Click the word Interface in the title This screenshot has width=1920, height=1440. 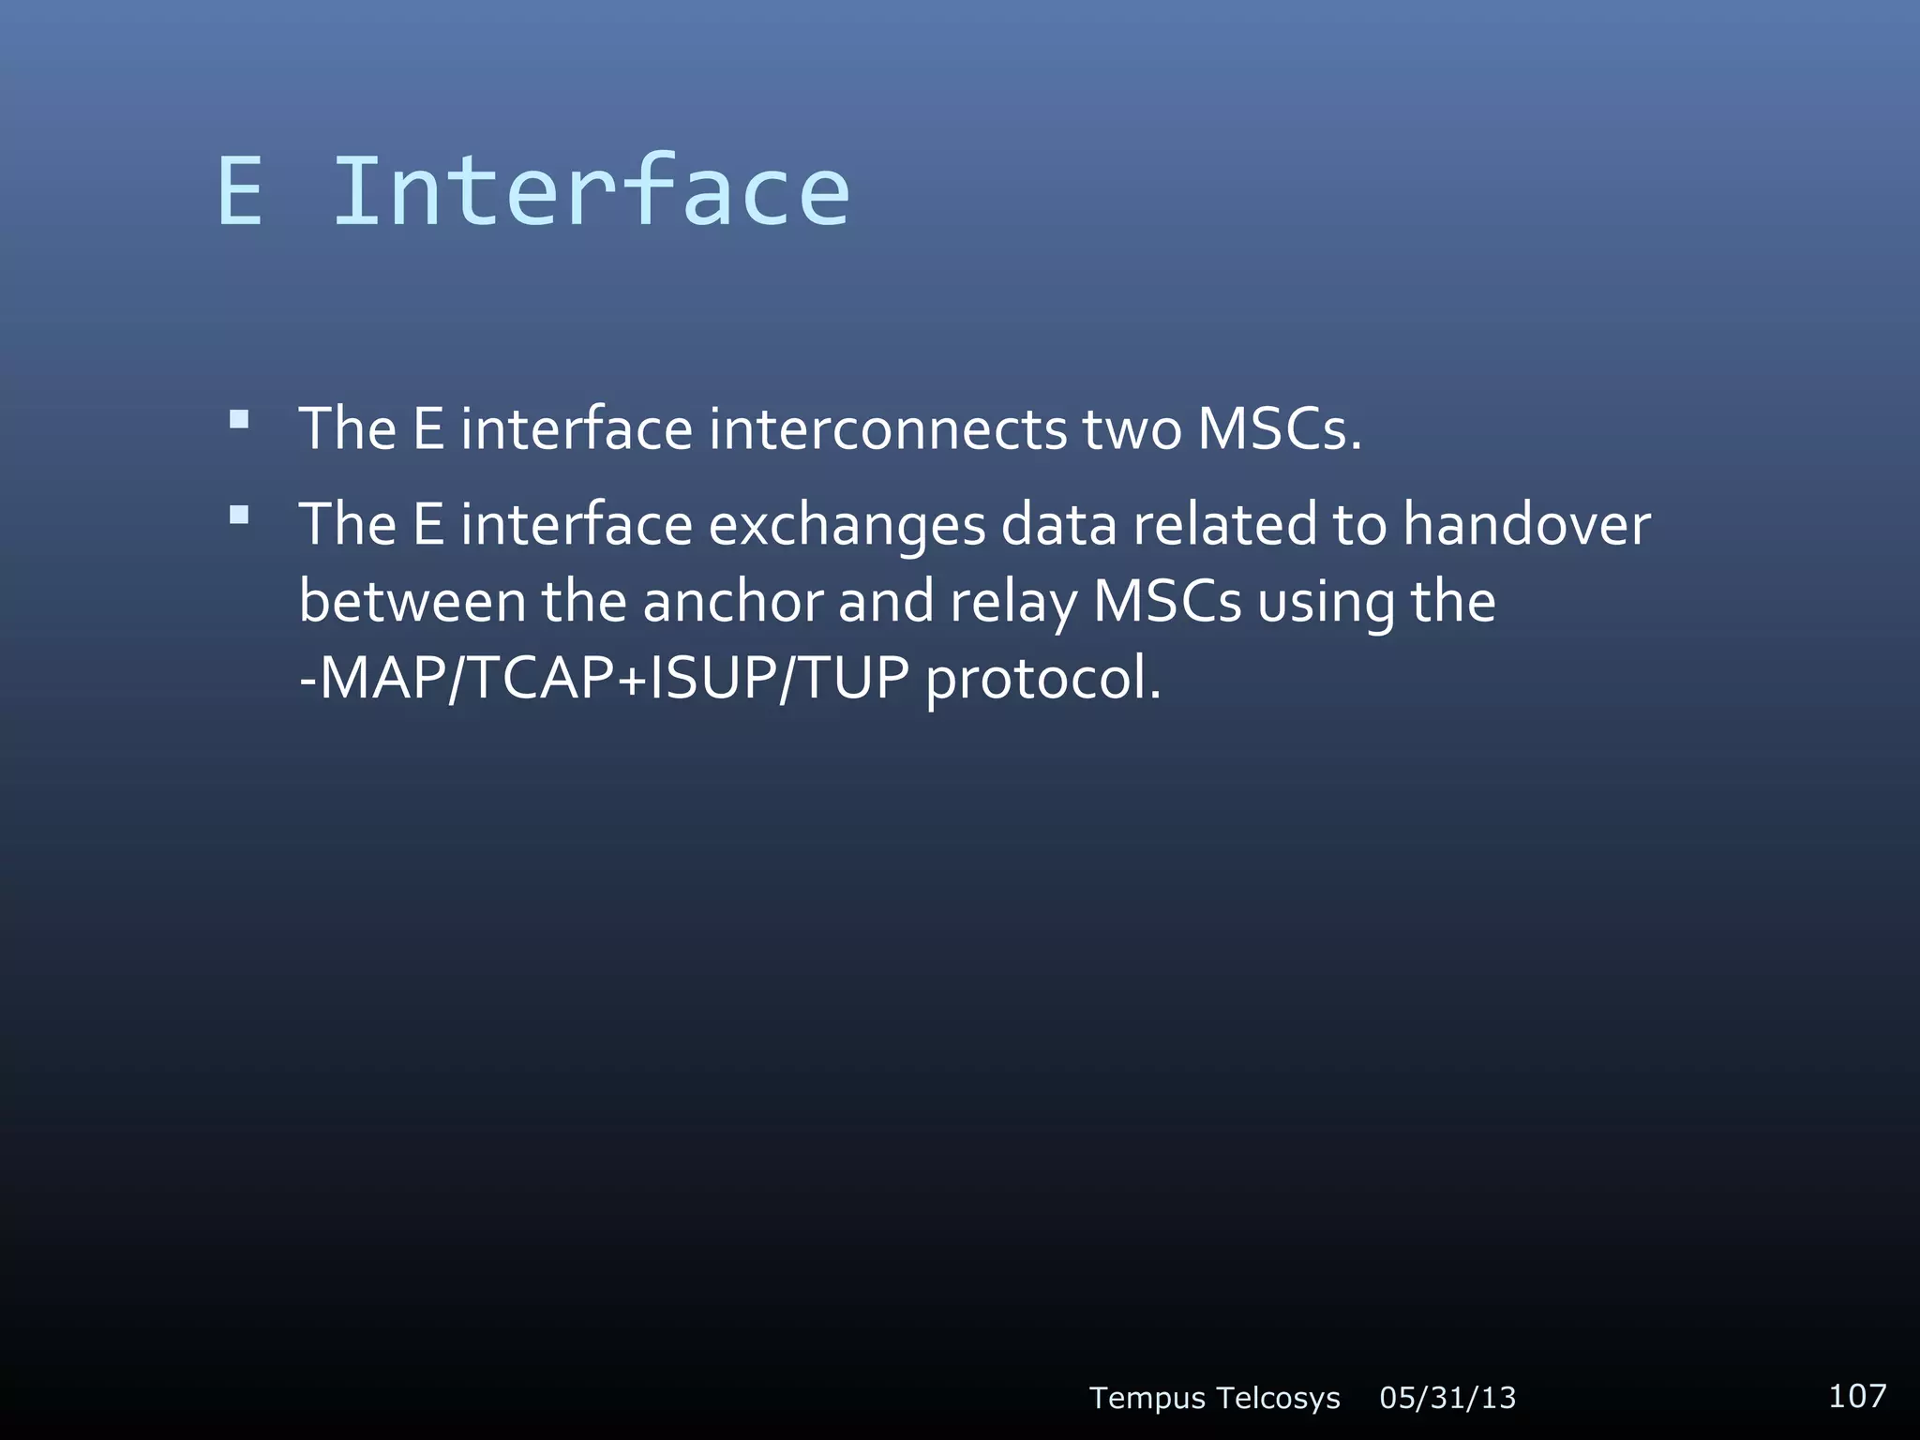[592, 192]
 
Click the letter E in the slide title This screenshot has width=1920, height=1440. [240, 192]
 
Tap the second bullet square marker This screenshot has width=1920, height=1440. [240, 514]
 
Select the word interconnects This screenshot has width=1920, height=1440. [887, 429]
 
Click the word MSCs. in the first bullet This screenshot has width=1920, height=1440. [1279, 429]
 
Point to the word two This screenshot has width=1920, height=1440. [1132, 429]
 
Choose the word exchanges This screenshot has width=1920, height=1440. [846, 525]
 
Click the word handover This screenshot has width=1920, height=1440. [1526, 525]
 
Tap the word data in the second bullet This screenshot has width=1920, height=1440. [1058, 525]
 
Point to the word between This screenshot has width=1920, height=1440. [412, 602]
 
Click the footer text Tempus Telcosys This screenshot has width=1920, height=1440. [1214, 1398]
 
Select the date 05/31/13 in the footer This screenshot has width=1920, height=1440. [1447, 1398]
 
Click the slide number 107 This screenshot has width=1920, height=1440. [1856, 1396]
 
